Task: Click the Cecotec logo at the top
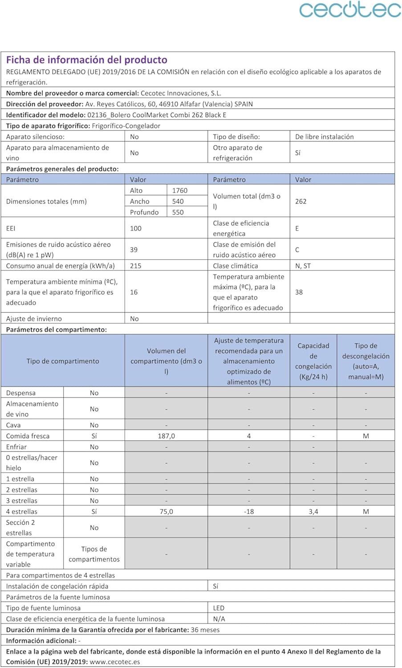coord(350,10)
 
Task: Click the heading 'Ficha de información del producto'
coord(87,60)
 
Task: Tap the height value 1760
coord(180,191)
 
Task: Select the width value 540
coord(178,201)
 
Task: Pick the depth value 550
coord(178,212)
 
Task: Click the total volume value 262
coord(301,201)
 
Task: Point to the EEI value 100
coord(136,228)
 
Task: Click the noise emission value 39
coord(134,250)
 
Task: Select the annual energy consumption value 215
coord(136,266)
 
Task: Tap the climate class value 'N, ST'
coord(303,266)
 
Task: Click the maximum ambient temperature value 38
coord(299,292)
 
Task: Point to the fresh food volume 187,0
coord(166,436)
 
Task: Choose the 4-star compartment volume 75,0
coord(166,512)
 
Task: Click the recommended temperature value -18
coord(249,512)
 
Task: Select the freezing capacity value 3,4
coord(313,512)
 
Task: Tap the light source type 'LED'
coord(219,608)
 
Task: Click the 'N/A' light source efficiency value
coord(219,619)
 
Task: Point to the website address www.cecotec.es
coord(115,662)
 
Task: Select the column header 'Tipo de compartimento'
coord(63,361)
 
